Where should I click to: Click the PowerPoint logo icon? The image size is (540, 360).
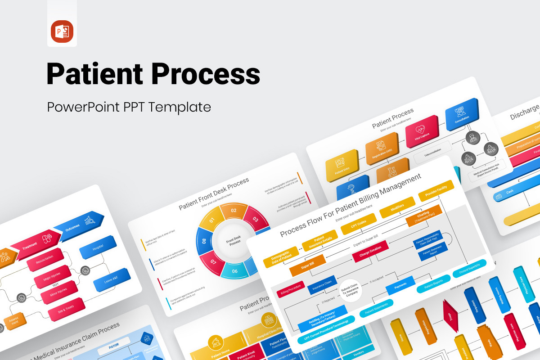pos(62,31)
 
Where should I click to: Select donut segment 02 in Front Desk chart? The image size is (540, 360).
pos(234,210)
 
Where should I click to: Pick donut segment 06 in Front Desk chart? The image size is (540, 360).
pos(235,271)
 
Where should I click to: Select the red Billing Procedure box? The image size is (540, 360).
pos(290,292)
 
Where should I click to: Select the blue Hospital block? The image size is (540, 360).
pos(98,247)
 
